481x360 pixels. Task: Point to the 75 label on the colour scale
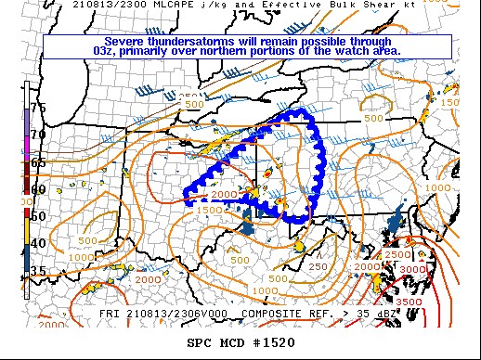click(x=38, y=108)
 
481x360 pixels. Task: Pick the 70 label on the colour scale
click(x=38, y=135)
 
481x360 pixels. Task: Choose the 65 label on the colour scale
click(x=38, y=161)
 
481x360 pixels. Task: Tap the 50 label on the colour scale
click(x=38, y=216)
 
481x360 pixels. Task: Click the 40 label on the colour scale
click(x=38, y=243)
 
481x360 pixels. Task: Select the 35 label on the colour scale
click(x=38, y=270)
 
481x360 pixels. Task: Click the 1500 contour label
click(x=208, y=211)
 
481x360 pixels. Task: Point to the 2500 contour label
click(x=396, y=254)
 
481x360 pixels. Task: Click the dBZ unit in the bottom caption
click(x=388, y=314)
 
